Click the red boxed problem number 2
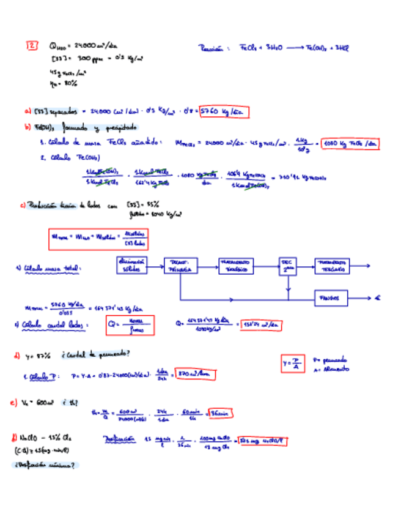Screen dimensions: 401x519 32,45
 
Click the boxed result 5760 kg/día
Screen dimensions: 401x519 224,112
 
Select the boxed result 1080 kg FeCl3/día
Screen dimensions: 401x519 350,144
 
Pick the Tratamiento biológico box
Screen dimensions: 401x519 235,266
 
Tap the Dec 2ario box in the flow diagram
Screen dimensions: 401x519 287,266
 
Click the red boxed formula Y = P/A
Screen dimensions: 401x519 293,364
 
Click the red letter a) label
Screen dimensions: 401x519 28,111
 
